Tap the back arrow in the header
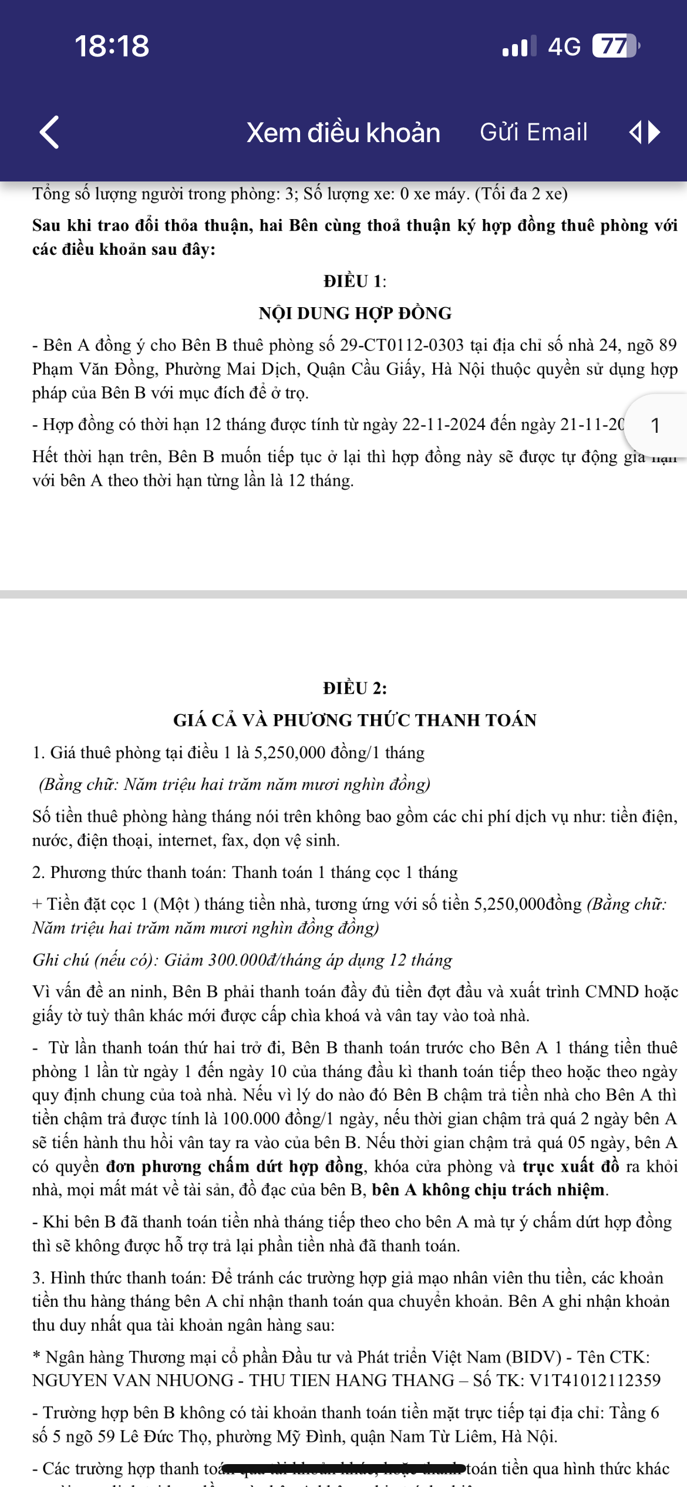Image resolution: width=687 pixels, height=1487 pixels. click(x=50, y=132)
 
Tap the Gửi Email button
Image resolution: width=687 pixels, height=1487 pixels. click(x=533, y=132)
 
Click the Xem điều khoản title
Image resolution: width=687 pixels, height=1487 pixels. click(x=343, y=133)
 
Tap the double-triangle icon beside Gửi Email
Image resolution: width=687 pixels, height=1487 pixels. click(x=644, y=132)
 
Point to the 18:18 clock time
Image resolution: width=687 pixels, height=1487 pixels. click(x=112, y=46)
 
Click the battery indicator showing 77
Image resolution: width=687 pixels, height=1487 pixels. click(x=614, y=46)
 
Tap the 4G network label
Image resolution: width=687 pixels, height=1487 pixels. click(x=564, y=46)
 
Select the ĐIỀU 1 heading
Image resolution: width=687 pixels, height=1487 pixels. click(x=355, y=281)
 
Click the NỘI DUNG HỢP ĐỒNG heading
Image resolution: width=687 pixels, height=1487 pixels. click(x=355, y=313)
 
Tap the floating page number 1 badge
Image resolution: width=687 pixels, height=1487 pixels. click(x=655, y=425)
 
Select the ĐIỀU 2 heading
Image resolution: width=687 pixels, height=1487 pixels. click(x=355, y=688)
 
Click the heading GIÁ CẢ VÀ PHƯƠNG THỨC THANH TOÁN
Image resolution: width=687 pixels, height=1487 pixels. click(x=355, y=720)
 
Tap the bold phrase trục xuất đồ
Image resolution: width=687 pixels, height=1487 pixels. click(x=571, y=1166)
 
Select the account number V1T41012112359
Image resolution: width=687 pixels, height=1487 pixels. click(x=595, y=1380)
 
